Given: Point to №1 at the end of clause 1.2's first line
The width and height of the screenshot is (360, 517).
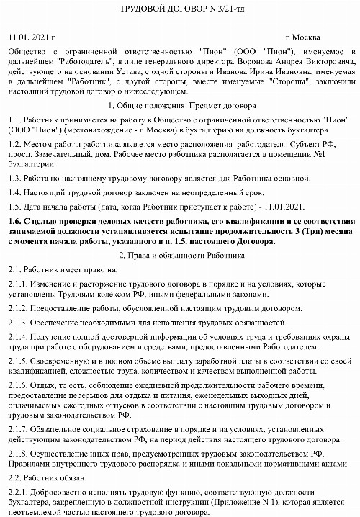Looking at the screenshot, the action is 345,153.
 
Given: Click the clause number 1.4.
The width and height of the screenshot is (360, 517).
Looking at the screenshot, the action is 14,192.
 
